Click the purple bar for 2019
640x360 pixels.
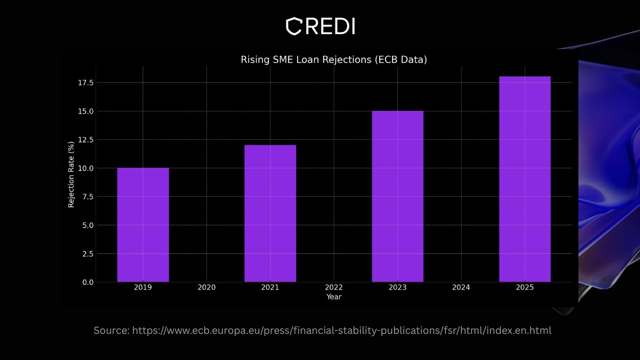tap(143, 225)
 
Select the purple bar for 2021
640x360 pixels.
tap(270, 213)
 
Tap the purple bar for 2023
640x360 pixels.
tap(397, 197)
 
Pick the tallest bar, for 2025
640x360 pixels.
tap(525, 179)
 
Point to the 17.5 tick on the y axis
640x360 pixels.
tap(86, 83)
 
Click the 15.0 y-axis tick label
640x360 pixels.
tap(86, 111)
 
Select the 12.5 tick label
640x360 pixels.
tap(86, 140)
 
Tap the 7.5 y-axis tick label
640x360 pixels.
tap(87, 197)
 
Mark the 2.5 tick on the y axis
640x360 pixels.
tap(87, 254)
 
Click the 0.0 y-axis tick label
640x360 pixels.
tap(87, 282)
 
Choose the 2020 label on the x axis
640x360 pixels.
tap(206, 287)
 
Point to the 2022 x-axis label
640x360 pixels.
tap(334, 287)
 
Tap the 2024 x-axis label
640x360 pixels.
tap(461, 287)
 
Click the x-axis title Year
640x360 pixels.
tap(334, 297)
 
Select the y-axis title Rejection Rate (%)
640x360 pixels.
tap(71, 174)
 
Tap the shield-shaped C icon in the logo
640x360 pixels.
tap(294, 26)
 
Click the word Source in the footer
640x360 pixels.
tap(111, 331)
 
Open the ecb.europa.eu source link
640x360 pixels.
tap(342, 331)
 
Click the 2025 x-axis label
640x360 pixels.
tap(525, 287)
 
